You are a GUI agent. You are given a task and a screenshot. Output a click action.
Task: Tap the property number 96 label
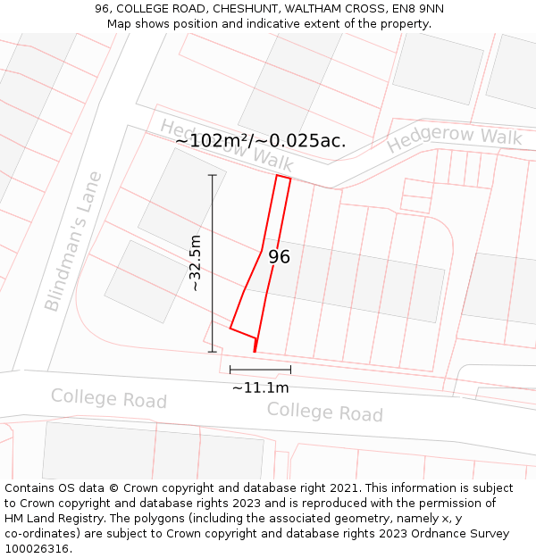[x=279, y=257]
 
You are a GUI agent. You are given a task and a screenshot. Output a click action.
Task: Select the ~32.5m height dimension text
[x=196, y=262]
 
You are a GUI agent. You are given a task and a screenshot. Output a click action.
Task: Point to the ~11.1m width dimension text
[x=260, y=387]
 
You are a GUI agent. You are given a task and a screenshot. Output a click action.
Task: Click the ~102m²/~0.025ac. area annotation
[x=260, y=140]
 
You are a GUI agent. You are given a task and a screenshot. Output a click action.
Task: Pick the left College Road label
[x=108, y=398]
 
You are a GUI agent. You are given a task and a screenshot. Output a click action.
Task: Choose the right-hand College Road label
[x=324, y=412]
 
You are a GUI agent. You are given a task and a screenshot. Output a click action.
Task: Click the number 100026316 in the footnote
[x=36, y=549]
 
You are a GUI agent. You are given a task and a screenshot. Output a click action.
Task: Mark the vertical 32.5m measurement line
[x=213, y=262]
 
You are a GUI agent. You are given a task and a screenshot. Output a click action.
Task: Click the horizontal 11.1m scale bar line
[x=260, y=369]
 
